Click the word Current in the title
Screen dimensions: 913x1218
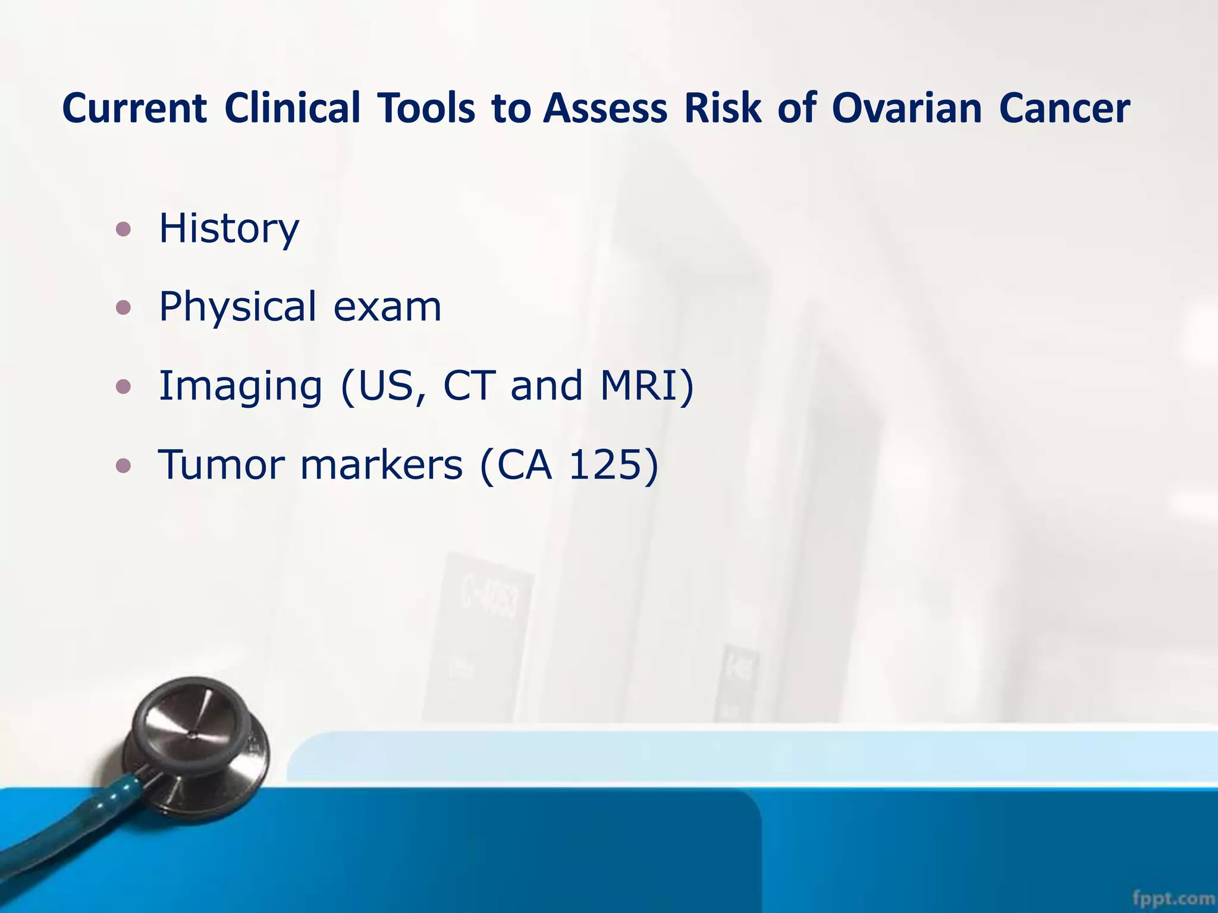(x=134, y=109)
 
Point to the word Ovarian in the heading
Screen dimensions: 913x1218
(x=906, y=109)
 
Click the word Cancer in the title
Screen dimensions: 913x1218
(x=1064, y=109)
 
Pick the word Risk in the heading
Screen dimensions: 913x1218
(x=723, y=109)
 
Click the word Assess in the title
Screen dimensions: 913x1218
(x=605, y=109)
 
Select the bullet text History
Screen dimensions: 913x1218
(x=229, y=228)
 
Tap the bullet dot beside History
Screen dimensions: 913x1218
(x=123, y=229)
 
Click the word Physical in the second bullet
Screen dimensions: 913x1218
(x=237, y=307)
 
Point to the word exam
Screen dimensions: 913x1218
(x=387, y=307)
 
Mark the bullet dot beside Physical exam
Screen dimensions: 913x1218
(x=123, y=308)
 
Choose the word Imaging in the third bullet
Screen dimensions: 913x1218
(x=240, y=386)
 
